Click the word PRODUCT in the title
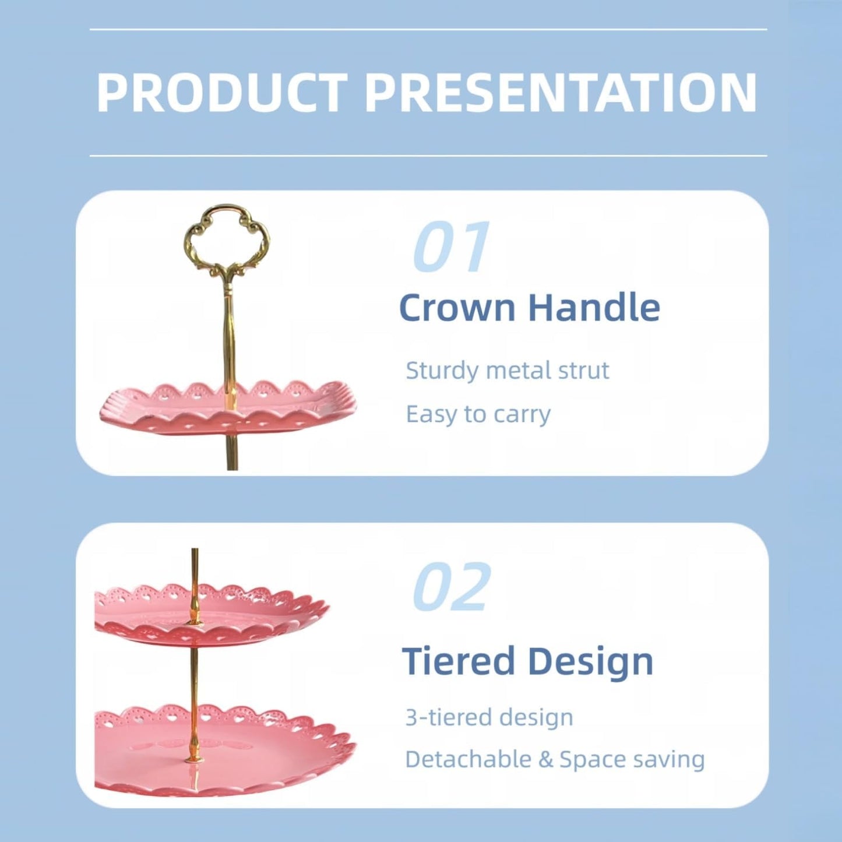click(x=222, y=93)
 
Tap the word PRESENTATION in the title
click(x=561, y=93)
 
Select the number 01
click(x=452, y=248)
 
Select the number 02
click(x=452, y=587)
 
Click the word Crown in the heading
click(x=457, y=308)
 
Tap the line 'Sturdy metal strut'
click(x=507, y=371)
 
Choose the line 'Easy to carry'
click(x=478, y=414)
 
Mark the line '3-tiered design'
click(x=489, y=717)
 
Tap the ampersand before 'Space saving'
click(x=545, y=760)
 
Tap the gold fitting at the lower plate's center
click(x=192, y=749)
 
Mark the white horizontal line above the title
click(x=428, y=29)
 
